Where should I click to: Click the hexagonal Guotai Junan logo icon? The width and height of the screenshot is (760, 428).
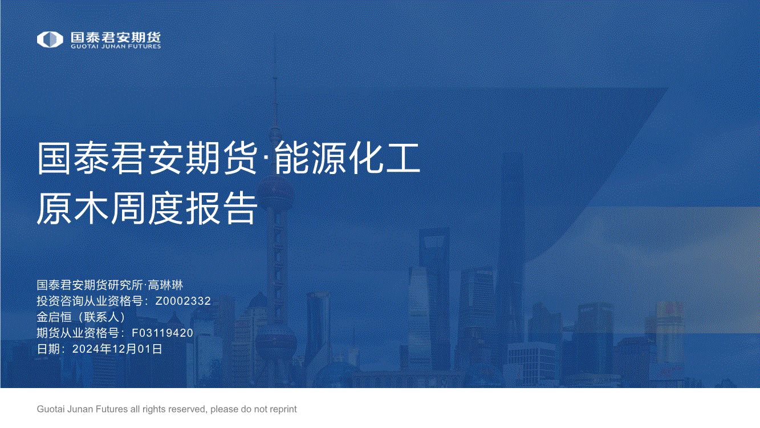coord(50,39)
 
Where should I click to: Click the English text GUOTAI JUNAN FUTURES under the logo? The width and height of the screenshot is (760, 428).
coord(116,46)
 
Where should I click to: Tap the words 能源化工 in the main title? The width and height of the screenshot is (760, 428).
coord(347,158)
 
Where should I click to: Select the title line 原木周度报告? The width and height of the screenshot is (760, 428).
coord(147,208)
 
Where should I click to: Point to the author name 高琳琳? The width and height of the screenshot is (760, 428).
coord(165,285)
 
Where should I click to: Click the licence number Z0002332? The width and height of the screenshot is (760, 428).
coord(183,301)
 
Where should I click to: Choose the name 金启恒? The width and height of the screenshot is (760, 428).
coord(54,317)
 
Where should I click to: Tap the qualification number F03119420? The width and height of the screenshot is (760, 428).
coord(162,333)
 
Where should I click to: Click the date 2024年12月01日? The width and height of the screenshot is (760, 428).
coord(117,349)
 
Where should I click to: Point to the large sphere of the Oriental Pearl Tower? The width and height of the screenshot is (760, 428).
coord(275,192)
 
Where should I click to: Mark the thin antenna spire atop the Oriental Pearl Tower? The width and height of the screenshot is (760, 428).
coord(275,85)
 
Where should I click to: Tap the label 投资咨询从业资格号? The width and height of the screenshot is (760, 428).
coord(90,301)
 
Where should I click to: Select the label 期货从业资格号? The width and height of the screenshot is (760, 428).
coord(78,333)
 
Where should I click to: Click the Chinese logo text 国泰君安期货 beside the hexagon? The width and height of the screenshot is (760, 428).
coord(116,37)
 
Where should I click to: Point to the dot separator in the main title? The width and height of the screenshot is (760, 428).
coord(266,159)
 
